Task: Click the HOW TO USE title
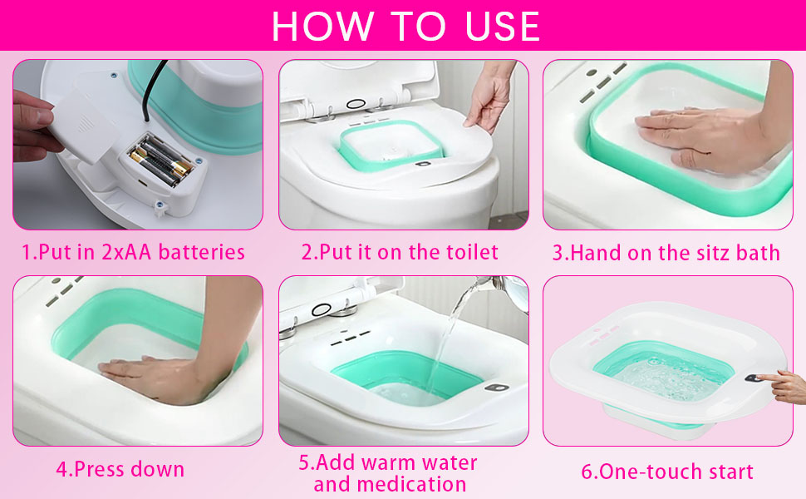tap(405, 27)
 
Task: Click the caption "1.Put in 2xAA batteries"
tap(133, 252)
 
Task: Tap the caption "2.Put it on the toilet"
tap(400, 252)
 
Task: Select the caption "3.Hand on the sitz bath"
tap(666, 253)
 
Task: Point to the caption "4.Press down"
tap(120, 469)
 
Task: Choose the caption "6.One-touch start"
tap(666, 472)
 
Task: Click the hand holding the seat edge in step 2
tap(490, 100)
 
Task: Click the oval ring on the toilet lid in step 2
tap(356, 103)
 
